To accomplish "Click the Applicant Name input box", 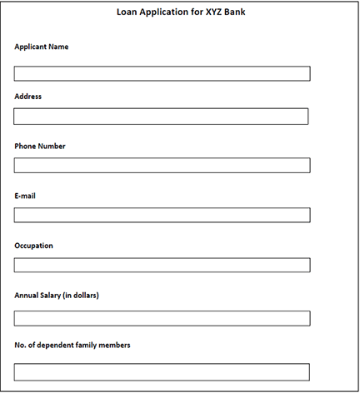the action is [x=162, y=73].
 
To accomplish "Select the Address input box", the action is [x=161, y=117].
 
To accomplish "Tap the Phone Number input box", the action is [x=162, y=165].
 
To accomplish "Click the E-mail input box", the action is [x=162, y=215].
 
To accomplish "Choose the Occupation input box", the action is [x=162, y=265].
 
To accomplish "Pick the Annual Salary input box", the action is [x=162, y=318].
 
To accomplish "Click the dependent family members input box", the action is [x=162, y=371].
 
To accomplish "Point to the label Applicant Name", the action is [x=42, y=47].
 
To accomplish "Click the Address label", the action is [x=28, y=97].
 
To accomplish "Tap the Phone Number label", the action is [x=40, y=147].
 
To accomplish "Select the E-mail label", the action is [x=25, y=196].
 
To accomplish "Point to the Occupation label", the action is [x=34, y=246].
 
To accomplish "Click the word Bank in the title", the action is [x=234, y=12].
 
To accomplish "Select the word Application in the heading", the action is [x=163, y=12].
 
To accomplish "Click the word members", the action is [x=113, y=345].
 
